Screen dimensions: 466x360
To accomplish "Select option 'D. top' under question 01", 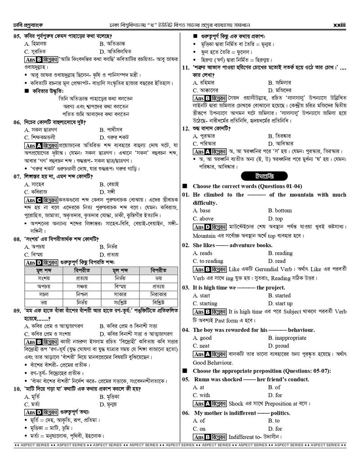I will coord(276,219).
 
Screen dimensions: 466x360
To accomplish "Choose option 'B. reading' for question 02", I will coord(280,253).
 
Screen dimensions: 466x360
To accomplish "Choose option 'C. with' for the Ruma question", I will coord(202,395).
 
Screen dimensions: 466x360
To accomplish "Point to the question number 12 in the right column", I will coord(185,128).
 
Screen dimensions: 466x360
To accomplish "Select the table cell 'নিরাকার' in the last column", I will coord(158,294).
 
